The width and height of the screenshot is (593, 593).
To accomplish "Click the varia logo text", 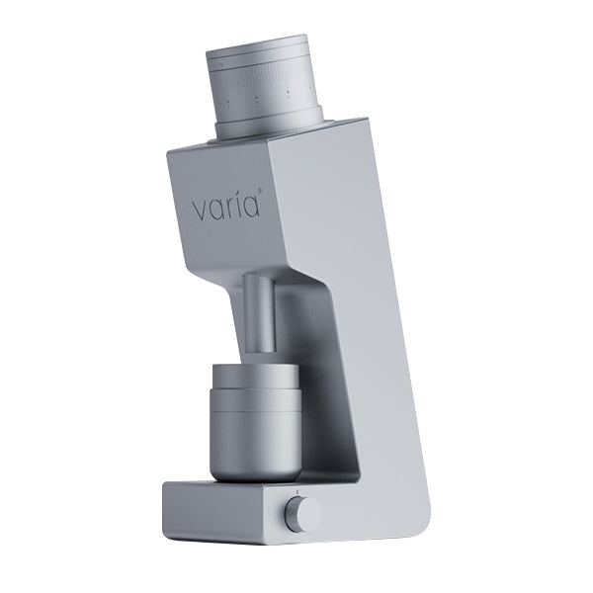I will (225, 207).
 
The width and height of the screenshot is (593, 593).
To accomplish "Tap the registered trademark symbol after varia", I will (262, 194).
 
